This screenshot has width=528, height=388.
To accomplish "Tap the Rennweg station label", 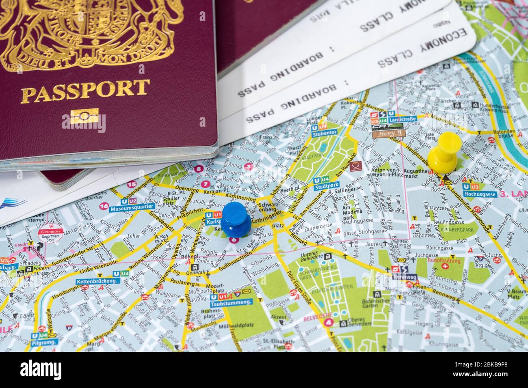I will (x=405, y=277).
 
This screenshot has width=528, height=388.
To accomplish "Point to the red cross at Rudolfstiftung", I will (x=446, y=266).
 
